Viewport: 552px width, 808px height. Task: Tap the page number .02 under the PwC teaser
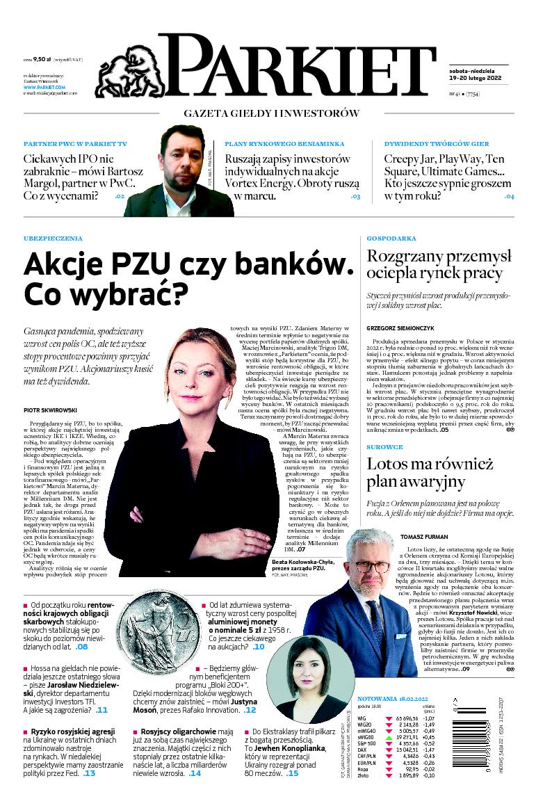[x=119, y=197]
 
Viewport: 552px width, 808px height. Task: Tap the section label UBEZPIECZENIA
[x=53, y=239]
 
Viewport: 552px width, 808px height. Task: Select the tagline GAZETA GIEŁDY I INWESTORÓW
[x=272, y=113]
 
